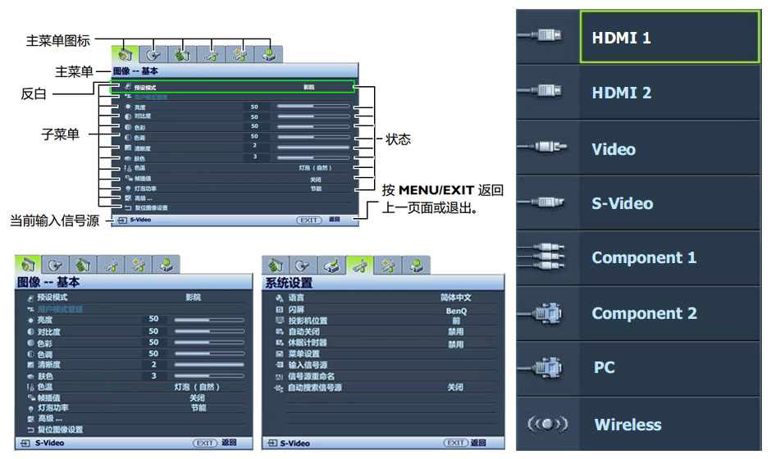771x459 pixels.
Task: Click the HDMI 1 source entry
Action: [x=621, y=39]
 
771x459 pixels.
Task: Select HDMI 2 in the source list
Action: [x=621, y=93]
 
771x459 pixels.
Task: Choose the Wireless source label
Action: [x=627, y=425]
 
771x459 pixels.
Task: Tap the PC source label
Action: [x=604, y=368]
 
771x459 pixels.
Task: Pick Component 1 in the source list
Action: [x=644, y=257]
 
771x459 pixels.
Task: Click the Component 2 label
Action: [x=644, y=313]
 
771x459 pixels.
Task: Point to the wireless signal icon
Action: [x=547, y=425]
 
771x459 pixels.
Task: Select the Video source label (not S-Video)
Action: [x=614, y=149]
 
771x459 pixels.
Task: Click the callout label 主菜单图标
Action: [x=57, y=39]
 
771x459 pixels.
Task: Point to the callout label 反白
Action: [x=34, y=95]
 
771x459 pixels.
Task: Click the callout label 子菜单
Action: [x=60, y=134]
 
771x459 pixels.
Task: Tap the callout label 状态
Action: [x=398, y=140]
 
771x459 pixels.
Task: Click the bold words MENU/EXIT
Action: [x=436, y=191]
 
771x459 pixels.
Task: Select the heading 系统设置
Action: [x=289, y=283]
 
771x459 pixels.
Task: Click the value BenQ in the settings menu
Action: [x=456, y=311]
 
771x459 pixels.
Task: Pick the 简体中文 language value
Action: [x=456, y=298]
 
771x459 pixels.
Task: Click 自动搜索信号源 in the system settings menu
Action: [x=314, y=388]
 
